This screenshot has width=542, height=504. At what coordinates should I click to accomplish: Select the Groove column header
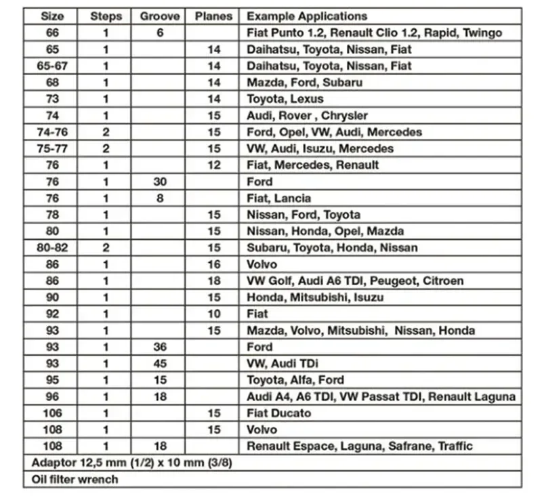(x=160, y=16)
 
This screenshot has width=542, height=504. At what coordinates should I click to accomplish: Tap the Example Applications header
(x=307, y=16)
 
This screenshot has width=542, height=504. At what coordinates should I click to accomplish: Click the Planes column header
(x=213, y=16)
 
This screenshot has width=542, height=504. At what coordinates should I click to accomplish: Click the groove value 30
(x=160, y=182)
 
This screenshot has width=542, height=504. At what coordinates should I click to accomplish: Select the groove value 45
(x=160, y=363)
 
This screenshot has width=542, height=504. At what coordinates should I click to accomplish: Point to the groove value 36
(x=160, y=347)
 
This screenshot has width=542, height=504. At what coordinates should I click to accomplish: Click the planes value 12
(x=214, y=165)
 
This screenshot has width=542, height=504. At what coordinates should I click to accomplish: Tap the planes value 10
(x=214, y=314)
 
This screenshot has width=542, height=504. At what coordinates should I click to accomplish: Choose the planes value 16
(x=214, y=264)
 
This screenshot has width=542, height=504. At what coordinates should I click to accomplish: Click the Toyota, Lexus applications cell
(x=285, y=99)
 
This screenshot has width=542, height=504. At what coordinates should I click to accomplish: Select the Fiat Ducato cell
(x=279, y=413)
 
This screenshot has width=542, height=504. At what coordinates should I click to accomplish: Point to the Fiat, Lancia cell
(x=278, y=198)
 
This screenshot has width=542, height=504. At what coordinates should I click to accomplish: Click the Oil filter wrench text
(x=75, y=479)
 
